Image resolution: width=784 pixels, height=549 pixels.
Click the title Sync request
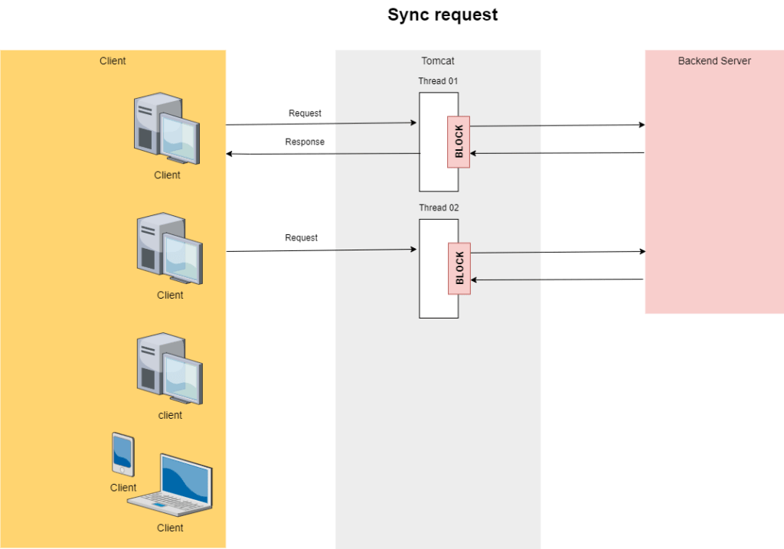(x=443, y=15)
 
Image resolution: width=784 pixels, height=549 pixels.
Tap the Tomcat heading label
(x=438, y=61)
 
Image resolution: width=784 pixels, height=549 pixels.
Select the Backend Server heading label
(x=714, y=61)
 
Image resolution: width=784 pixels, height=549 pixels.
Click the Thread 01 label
(x=438, y=81)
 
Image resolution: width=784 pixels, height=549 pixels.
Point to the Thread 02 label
(x=439, y=208)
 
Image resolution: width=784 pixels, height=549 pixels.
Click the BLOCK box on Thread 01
(x=459, y=142)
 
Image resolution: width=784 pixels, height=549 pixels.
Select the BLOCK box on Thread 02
(x=459, y=269)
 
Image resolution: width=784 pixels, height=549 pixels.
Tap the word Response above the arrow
(x=305, y=142)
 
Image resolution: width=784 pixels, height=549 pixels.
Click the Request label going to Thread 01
(x=305, y=113)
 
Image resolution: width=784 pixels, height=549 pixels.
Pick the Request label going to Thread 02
(x=301, y=237)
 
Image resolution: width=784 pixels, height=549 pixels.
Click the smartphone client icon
(x=122, y=454)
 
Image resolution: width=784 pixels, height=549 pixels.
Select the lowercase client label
(x=170, y=415)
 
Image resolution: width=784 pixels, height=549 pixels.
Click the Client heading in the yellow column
(x=113, y=61)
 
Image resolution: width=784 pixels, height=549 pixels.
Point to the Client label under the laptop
(x=170, y=528)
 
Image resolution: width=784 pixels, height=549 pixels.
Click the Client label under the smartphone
(x=122, y=488)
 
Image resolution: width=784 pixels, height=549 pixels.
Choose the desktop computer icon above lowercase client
(x=169, y=368)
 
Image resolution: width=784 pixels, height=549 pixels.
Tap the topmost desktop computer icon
(x=165, y=128)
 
